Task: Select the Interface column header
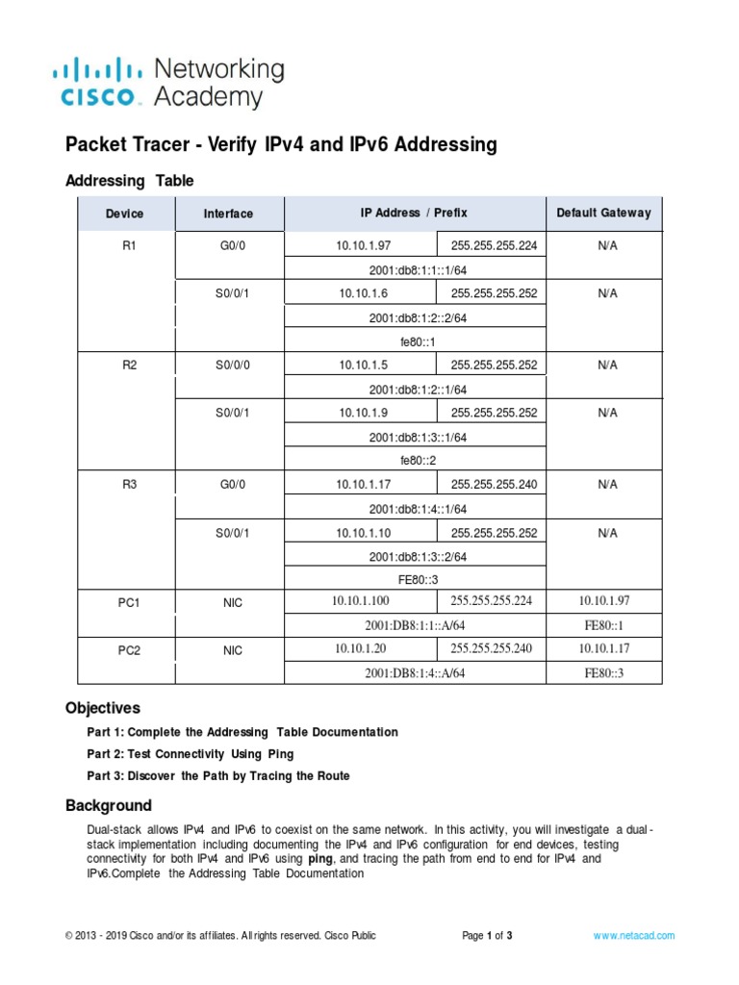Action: click(x=228, y=214)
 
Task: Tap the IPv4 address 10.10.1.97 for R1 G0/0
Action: click(x=358, y=246)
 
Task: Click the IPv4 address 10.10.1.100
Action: click(x=362, y=601)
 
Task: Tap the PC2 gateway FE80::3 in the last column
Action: click(x=604, y=673)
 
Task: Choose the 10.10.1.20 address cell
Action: click(x=360, y=649)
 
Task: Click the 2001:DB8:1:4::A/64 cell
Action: click(x=415, y=673)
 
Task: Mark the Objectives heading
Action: click(x=103, y=708)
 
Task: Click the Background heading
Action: click(x=109, y=805)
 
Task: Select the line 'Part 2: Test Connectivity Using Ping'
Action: click(x=191, y=754)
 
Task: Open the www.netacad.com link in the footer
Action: click(x=633, y=935)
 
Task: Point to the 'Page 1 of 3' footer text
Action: click(x=488, y=935)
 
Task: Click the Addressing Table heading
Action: click(x=129, y=181)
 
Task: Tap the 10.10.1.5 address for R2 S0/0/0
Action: click(x=358, y=366)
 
